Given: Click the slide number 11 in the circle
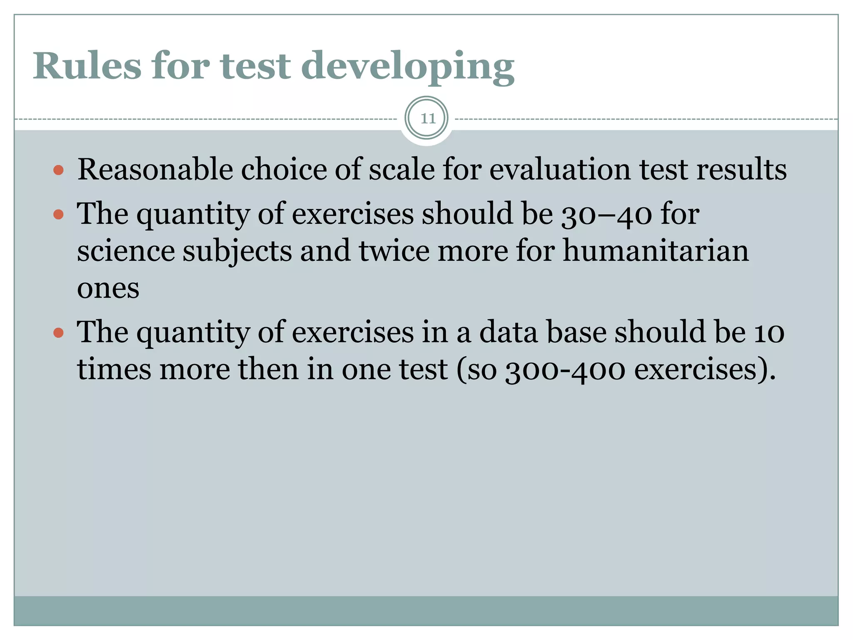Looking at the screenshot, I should pyautogui.click(x=427, y=119).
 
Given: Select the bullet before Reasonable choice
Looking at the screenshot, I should pyautogui.click(x=59, y=170).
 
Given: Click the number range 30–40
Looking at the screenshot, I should pyautogui.click(x=606, y=214).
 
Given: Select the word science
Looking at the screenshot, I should pyautogui.click(x=126, y=251).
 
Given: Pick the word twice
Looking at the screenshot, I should pyautogui.click(x=394, y=251).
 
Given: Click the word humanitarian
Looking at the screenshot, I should pyautogui.click(x=656, y=251).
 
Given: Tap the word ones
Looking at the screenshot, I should pyautogui.click(x=108, y=289).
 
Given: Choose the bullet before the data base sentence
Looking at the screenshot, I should pyautogui.click(x=59, y=333).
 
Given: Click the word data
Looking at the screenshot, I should pyautogui.click(x=508, y=332).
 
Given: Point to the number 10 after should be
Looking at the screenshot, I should pyautogui.click(x=769, y=333).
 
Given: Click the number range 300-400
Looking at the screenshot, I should pyautogui.click(x=565, y=370).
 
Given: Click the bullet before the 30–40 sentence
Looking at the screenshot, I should pyautogui.click(x=59, y=214).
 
